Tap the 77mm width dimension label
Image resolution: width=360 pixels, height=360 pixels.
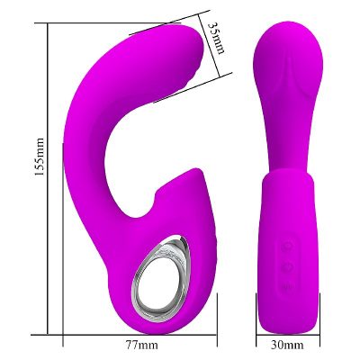click(x=141, y=345)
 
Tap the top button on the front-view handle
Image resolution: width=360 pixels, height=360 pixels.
click(x=286, y=245)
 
